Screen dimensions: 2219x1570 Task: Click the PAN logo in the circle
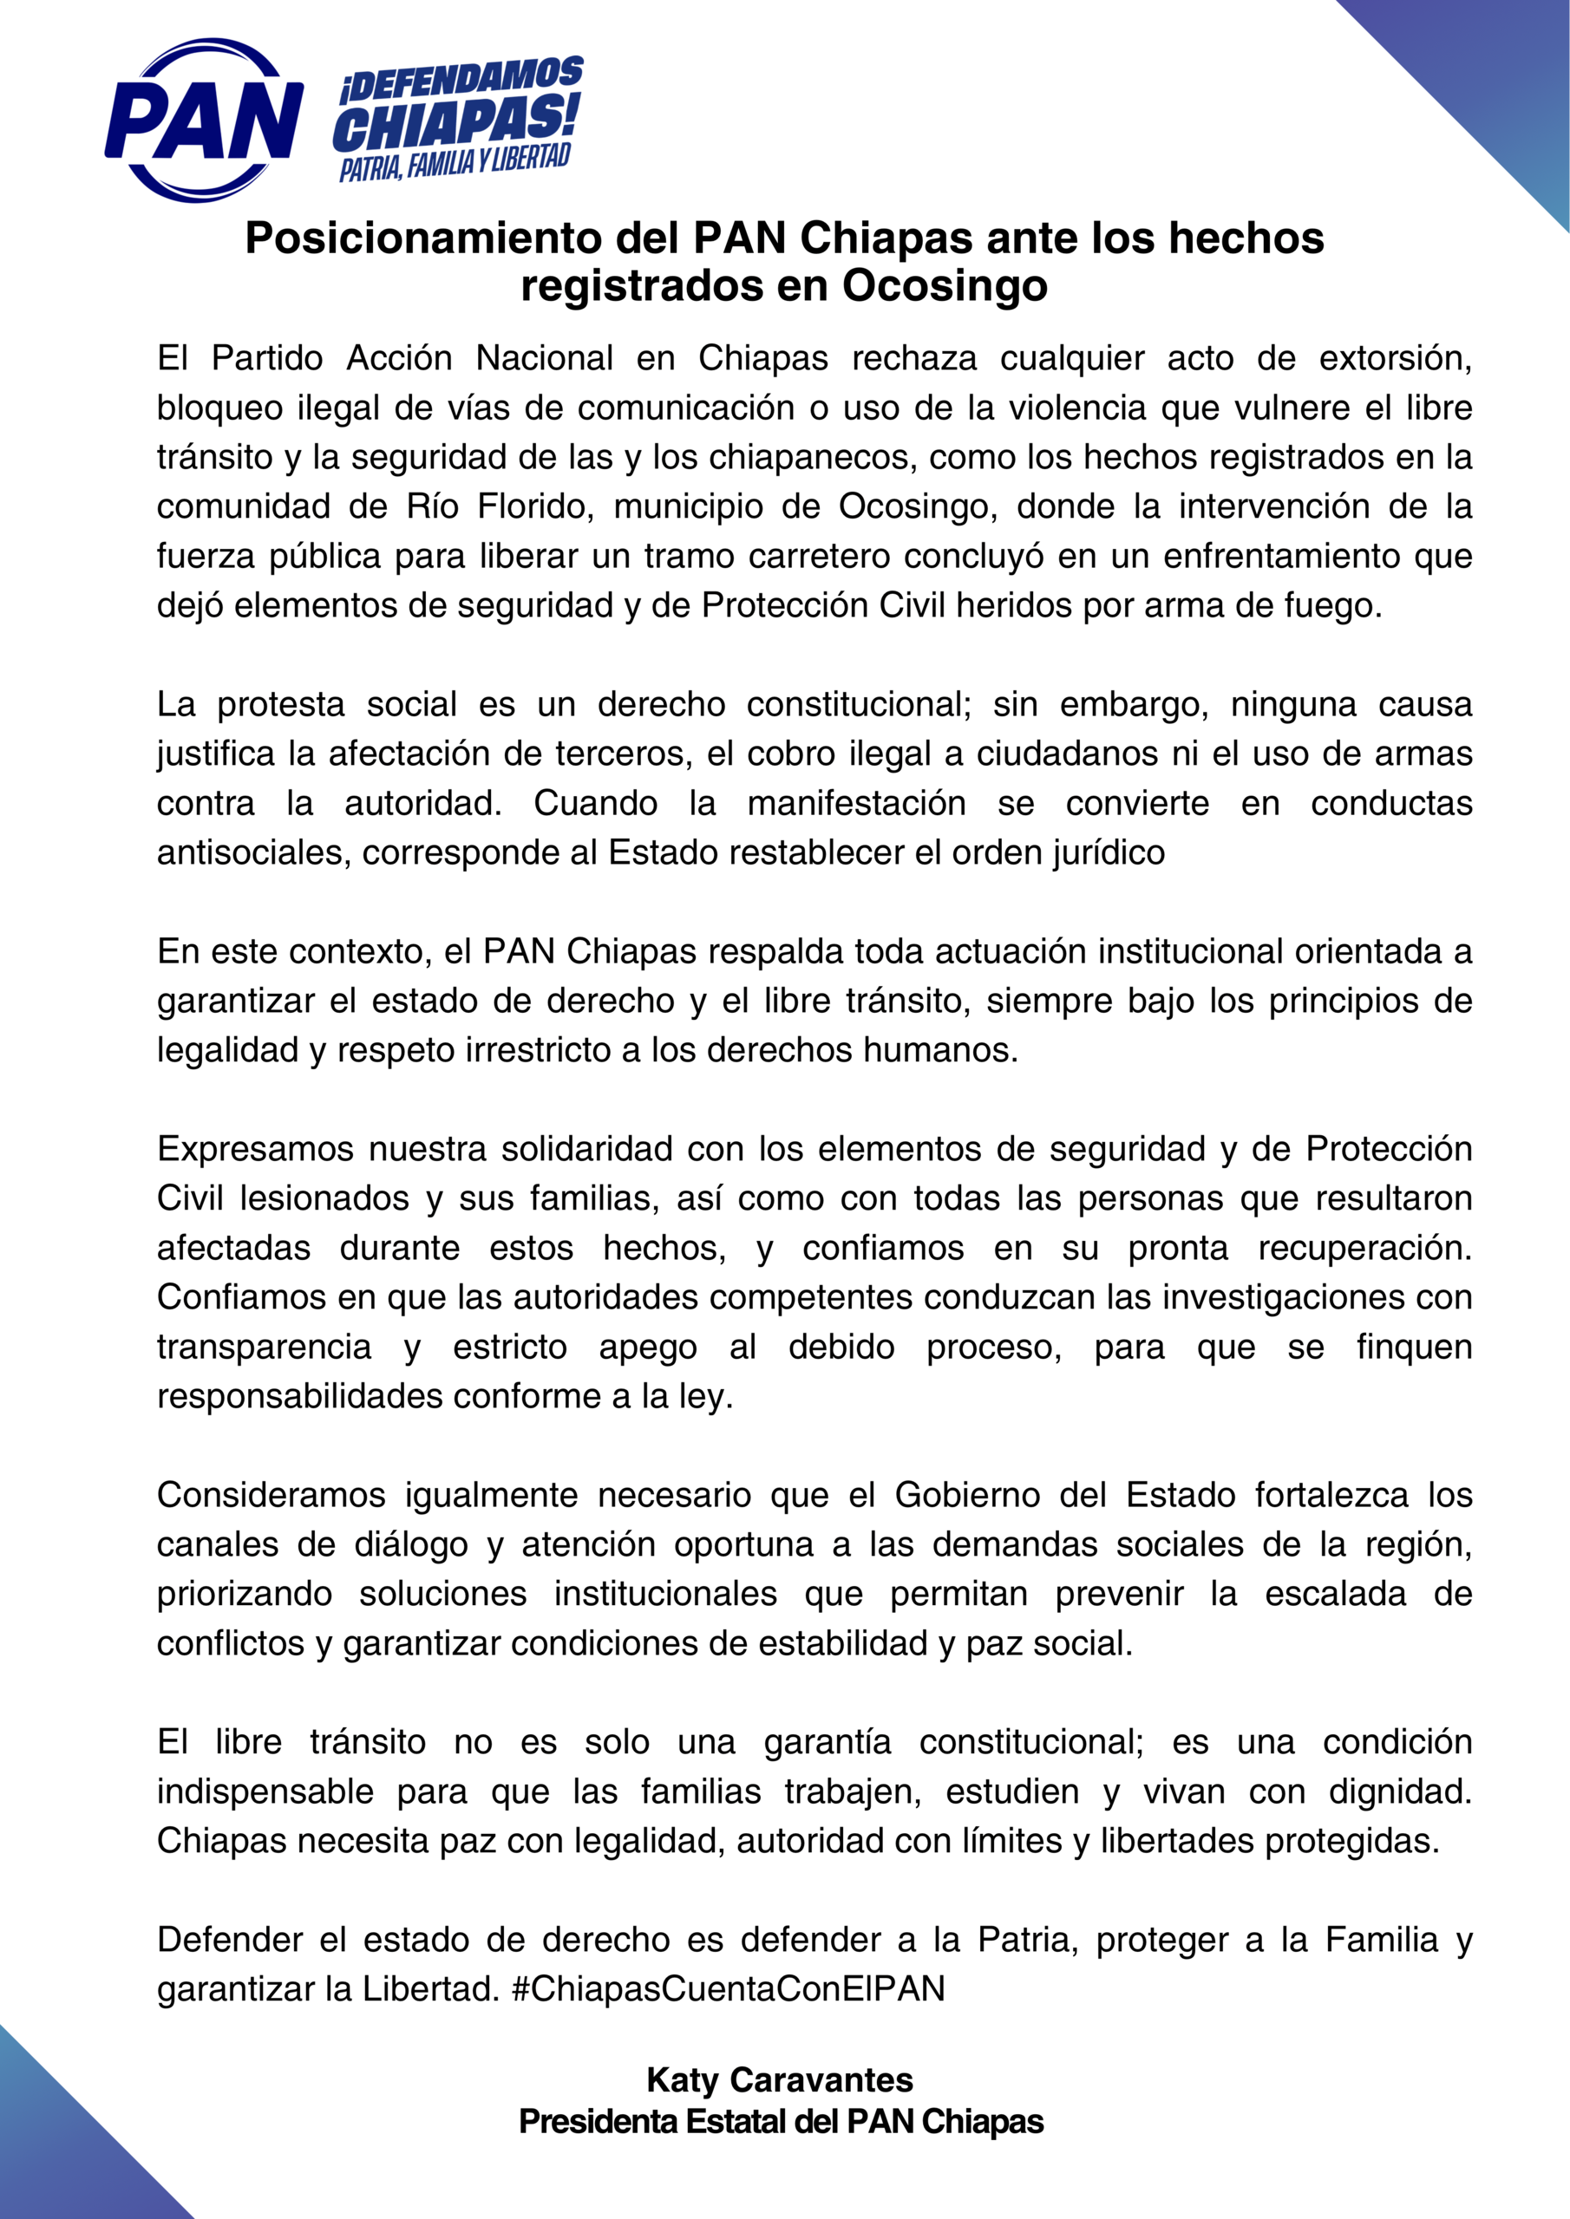[x=204, y=121]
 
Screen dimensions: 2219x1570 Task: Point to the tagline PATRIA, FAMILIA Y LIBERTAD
[x=455, y=162]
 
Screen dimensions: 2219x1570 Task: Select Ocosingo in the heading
[x=945, y=285]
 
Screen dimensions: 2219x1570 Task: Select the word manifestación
[x=855, y=803]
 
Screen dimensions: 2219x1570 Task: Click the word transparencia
[x=264, y=1347]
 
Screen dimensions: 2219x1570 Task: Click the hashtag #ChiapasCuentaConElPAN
[x=728, y=1988]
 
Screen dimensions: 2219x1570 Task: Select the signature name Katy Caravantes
[x=780, y=2080]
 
